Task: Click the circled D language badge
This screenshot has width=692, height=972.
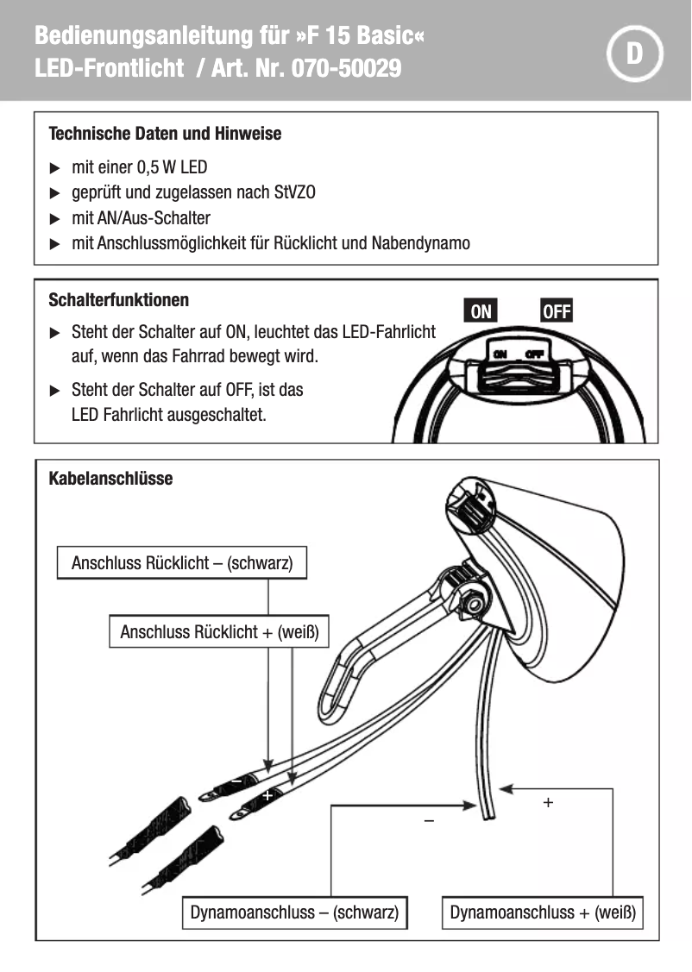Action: [634, 53]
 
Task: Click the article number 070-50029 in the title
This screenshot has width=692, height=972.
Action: [347, 69]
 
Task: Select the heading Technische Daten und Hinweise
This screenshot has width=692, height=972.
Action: [165, 134]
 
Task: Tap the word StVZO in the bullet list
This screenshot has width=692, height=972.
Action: [294, 192]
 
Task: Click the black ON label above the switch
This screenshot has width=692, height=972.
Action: [481, 311]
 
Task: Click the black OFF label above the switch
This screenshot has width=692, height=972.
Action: [557, 311]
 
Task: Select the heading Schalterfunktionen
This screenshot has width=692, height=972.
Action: [119, 300]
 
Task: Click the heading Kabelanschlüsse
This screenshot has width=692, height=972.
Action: [110, 478]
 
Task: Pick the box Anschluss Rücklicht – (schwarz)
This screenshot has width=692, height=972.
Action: [182, 563]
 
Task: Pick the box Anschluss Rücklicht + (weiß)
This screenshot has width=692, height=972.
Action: [219, 631]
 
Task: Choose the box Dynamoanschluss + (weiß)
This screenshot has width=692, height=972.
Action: [543, 912]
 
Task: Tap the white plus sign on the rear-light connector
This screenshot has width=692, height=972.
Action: [267, 795]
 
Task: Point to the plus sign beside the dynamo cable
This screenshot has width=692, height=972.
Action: [547, 802]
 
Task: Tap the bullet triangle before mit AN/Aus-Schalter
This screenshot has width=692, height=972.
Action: [55, 218]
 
